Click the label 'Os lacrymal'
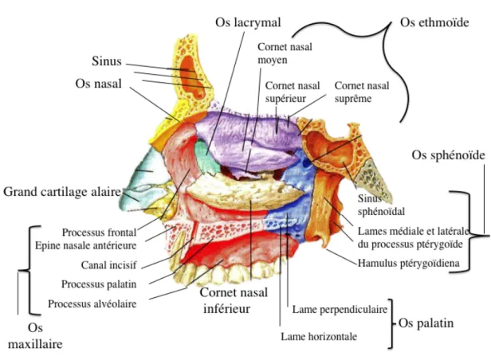click(x=248, y=22)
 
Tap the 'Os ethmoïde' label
click(x=434, y=22)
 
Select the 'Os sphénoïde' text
click(x=448, y=155)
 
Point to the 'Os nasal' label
click(x=98, y=84)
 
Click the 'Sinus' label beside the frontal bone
click(x=107, y=61)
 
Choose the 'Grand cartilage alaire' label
click(x=62, y=192)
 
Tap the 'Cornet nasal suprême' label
click(x=362, y=92)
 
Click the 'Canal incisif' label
click(x=108, y=265)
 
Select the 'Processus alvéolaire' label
click(x=92, y=303)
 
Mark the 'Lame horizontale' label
click(x=319, y=337)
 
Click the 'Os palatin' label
click(x=426, y=323)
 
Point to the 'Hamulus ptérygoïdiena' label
click(x=409, y=264)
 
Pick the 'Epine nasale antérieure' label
click(x=85, y=245)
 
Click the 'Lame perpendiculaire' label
click(x=340, y=310)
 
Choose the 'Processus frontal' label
click(x=99, y=233)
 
